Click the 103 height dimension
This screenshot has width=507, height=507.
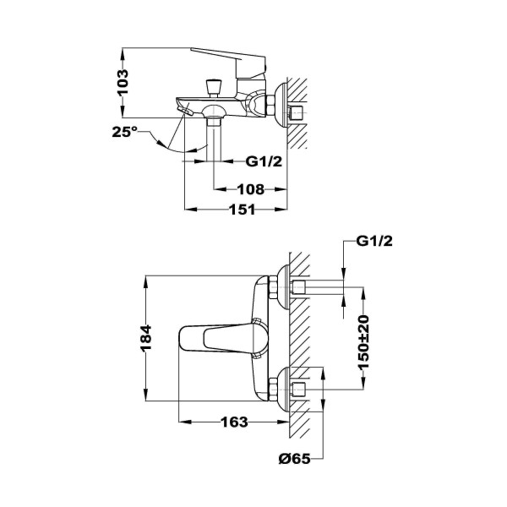click(123, 83)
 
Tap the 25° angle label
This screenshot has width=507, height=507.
click(125, 132)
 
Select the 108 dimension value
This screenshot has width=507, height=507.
click(251, 189)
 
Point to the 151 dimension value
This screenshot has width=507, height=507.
click(243, 210)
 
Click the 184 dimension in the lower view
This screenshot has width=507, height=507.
click(145, 338)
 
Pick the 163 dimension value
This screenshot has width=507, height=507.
click(234, 422)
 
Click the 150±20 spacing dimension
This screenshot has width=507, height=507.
click(363, 343)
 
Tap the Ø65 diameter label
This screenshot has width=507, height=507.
click(295, 459)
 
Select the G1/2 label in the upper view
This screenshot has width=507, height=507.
click(264, 161)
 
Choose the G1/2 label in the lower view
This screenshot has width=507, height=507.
click(374, 241)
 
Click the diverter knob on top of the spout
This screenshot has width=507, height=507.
click(214, 88)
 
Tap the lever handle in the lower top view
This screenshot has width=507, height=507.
click(223, 339)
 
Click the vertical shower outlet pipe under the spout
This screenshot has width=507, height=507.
click(214, 139)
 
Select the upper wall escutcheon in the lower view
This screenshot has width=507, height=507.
click(283, 287)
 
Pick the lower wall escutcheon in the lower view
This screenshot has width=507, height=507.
click(283, 390)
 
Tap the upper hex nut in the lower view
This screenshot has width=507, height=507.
click(273, 286)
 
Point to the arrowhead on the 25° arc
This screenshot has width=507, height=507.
click(194, 150)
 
